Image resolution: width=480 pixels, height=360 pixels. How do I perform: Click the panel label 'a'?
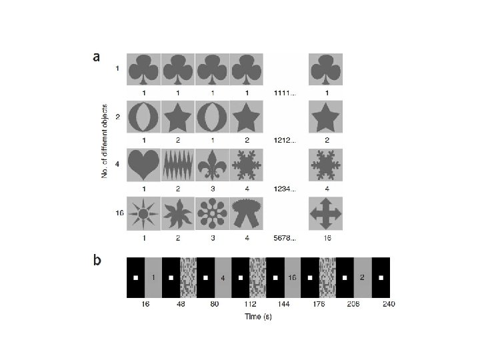tap(97, 57)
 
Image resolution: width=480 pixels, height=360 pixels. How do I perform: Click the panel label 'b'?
tap(97, 259)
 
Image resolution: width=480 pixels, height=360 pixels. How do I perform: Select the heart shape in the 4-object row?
tap(144, 164)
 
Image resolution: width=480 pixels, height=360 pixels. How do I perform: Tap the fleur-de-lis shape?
tap(213, 164)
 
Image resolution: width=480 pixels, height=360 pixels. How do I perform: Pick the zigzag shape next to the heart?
tap(178, 164)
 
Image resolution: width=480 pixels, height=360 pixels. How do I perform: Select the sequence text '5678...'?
tap(285, 237)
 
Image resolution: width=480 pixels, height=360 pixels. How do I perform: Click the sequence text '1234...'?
tap(285, 189)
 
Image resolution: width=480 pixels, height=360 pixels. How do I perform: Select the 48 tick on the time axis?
tap(181, 304)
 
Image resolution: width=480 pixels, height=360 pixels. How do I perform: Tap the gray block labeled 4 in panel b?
tap(223, 277)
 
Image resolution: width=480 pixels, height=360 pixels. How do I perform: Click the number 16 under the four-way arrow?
tap(325, 237)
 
